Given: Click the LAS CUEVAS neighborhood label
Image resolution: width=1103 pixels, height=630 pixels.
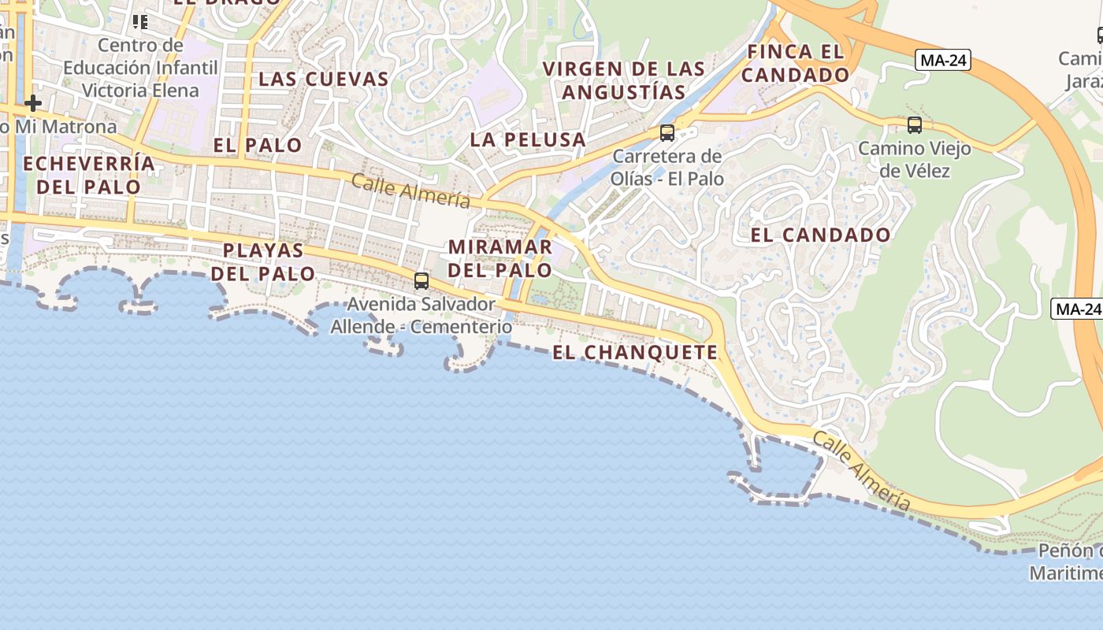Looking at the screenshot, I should pyautogui.click(x=324, y=79).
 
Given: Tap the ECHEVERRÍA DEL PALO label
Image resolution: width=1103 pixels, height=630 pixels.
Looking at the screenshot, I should pyautogui.click(x=89, y=175).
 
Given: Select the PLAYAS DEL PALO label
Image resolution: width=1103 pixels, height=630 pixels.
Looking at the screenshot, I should pyautogui.click(x=263, y=261).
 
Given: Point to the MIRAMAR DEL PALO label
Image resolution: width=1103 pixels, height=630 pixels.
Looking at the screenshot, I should pyautogui.click(x=500, y=258).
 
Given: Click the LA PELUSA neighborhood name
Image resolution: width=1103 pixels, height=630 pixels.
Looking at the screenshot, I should pyautogui.click(x=528, y=140).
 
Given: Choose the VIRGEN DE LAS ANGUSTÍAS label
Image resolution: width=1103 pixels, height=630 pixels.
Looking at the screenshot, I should pyautogui.click(x=624, y=80).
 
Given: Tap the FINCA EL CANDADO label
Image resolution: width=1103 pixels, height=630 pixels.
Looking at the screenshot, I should pyautogui.click(x=795, y=64).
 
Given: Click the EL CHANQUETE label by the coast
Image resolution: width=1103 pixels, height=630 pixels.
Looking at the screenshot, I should pyautogui.click(x=635, y=352).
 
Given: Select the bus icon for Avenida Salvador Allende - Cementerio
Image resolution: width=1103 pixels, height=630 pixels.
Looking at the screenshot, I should pyautogui.click(x=422, y=281).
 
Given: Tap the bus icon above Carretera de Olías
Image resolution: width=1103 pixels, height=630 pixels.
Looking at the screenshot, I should pyautogui.click(x=667, y=132).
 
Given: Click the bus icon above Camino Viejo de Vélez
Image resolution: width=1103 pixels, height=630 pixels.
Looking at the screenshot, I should pyautogui.click(x=915, y=124).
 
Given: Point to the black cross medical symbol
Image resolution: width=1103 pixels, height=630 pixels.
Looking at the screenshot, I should pyautogui.click(x=33, y=103).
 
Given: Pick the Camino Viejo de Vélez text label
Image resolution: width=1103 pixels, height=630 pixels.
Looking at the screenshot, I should pyautogui.click(x=914, y=159).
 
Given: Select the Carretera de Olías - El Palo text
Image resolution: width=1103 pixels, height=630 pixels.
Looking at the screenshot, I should pyautogui.click(x=667, y=167).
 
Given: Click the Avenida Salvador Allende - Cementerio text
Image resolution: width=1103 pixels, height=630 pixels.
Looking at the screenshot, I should pyautogui.click(x=422, y=314).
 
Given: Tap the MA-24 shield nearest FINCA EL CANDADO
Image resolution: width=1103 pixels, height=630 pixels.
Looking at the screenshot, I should pyautogui.click(x=942, y=60).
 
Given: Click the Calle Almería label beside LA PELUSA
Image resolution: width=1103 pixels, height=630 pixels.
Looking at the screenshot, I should pyautogui.click(x=410, y=191).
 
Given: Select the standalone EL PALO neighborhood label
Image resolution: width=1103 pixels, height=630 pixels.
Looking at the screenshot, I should pyautogui.click(x=257, y=145).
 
